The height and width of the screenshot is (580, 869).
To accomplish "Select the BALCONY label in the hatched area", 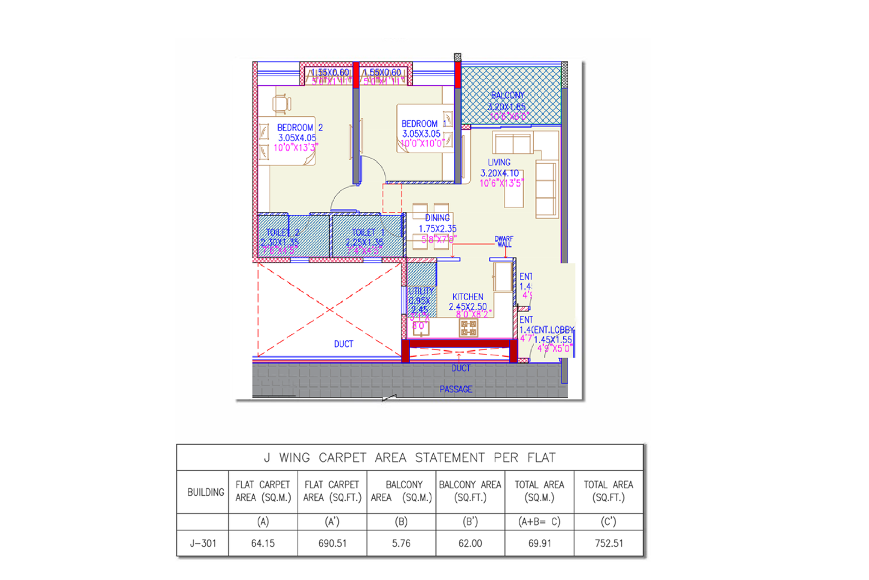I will pos(507,95).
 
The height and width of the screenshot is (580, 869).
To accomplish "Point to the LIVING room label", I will pos(499,162).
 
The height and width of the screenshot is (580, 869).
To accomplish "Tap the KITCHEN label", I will pos(468,297).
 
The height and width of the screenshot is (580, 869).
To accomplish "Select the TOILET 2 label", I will pos(282,233).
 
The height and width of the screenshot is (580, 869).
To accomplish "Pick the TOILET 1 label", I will pos(368,233).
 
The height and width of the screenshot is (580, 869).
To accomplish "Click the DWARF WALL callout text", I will pos(503,241).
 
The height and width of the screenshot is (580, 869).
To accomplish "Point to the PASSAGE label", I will pos(456,389).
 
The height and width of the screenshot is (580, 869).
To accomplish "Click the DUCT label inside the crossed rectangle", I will pos(343,344).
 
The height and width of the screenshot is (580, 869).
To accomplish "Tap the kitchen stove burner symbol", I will pos(469,328).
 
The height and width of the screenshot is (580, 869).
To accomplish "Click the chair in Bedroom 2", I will pos(281,103).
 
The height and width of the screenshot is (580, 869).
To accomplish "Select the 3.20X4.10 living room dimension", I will pos(499,173).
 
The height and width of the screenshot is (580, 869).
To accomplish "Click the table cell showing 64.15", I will pos(263,543).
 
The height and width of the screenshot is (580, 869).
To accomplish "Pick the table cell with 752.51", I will pos(608,543).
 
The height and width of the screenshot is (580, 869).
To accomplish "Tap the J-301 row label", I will pos(203,543).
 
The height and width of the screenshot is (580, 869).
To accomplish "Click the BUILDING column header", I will pos(205,492).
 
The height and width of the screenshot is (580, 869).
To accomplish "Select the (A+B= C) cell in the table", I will pos(539,522).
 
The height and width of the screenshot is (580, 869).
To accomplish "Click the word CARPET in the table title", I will pos(342,458).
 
